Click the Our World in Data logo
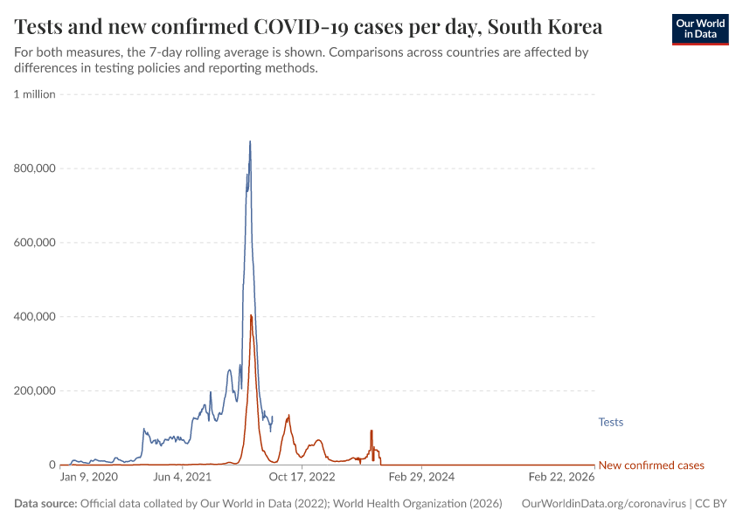699,29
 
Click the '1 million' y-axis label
35,94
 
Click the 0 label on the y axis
52,465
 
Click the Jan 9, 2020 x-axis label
88,478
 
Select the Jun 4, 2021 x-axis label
182,478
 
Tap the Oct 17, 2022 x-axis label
302,478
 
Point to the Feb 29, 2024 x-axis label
421,478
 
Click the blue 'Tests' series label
610,423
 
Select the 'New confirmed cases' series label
650,465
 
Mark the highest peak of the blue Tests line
250,141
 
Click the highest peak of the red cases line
251,315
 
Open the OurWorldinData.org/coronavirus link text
602,504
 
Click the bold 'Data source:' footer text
45,504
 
